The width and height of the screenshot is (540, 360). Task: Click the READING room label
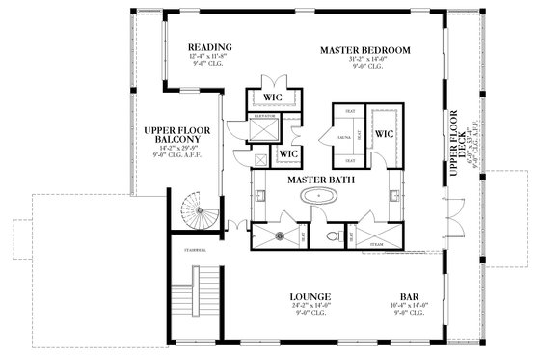point(207,47)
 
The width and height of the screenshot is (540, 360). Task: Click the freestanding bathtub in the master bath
point(317,199)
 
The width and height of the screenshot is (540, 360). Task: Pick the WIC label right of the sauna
point(383,134)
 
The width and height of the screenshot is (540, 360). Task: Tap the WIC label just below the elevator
point(287,153)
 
